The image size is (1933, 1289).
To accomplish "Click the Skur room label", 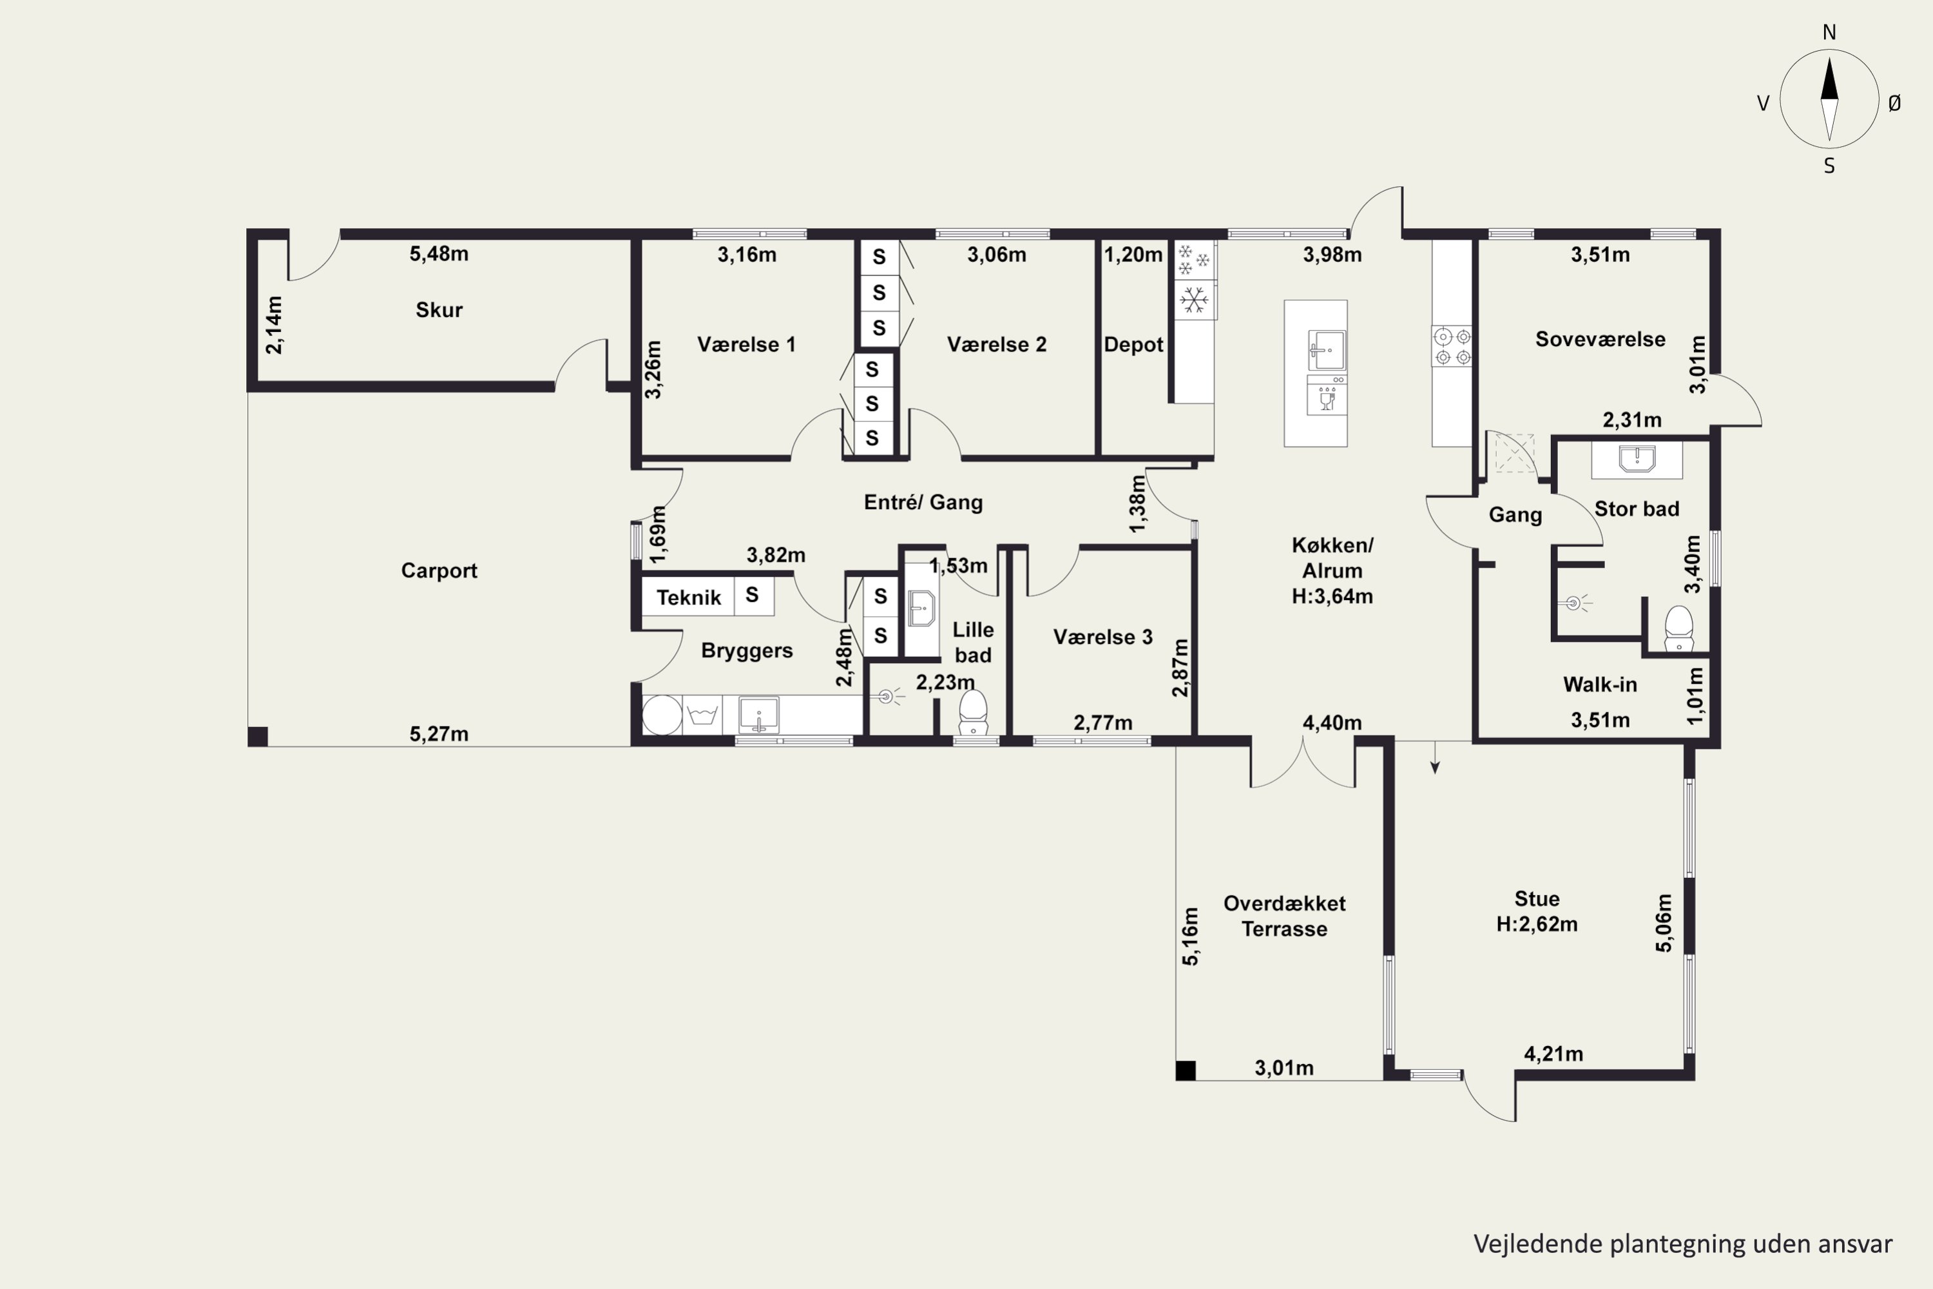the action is [439, 310].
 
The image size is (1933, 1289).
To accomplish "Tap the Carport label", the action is [439, 570].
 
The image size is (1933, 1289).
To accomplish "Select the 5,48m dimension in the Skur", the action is [439, 254].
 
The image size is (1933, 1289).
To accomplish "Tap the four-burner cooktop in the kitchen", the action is [1452, 346].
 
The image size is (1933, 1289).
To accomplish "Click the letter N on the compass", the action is [1829, 32].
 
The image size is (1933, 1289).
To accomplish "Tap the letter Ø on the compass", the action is [1894, 102].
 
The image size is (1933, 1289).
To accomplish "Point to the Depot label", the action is [1133, 344].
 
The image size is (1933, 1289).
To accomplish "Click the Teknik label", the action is [689, 597].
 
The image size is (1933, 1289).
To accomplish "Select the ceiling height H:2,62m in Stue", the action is [1537, 924].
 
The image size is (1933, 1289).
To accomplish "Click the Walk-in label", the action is [1599, 684].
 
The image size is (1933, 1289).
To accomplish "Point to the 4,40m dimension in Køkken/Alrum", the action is [1332, 722].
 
